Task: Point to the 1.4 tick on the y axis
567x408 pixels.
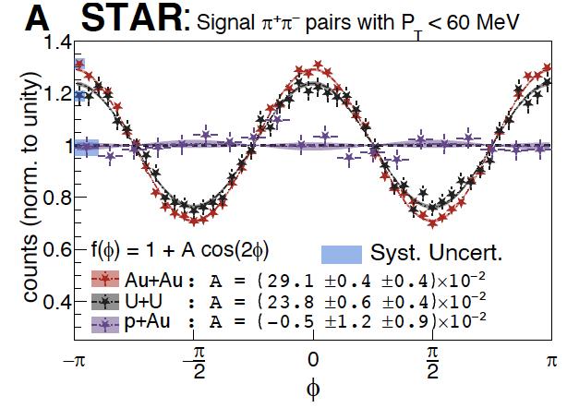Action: tap(58, 42)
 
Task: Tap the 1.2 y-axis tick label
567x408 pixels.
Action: tap(58, 94)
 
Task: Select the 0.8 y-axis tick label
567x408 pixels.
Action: tap(58, 198)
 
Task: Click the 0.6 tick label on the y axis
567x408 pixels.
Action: tap(58, 250)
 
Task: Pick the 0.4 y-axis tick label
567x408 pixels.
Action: tap(58, 302)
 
